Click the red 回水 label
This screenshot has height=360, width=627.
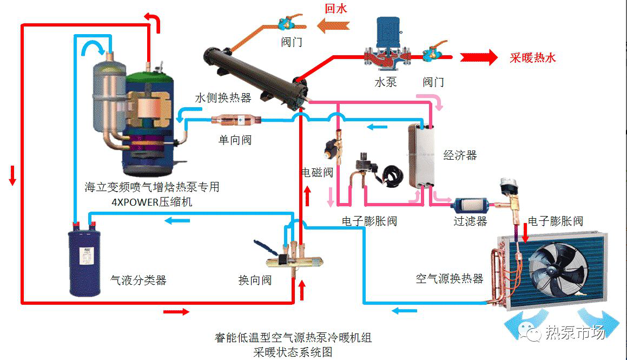[335, 9]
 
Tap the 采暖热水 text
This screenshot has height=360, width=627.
[532, 58]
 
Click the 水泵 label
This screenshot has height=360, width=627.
[386, 82]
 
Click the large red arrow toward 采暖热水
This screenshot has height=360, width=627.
[478, 57]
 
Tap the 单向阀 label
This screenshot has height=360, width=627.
[235, 140]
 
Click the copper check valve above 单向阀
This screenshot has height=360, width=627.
[235, 120]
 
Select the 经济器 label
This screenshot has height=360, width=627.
[460, 155]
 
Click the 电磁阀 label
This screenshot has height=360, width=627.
[317, 173]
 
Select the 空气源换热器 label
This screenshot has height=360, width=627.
[449, 279]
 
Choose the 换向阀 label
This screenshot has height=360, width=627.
[255, 280]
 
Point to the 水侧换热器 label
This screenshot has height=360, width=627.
[223, 98]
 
